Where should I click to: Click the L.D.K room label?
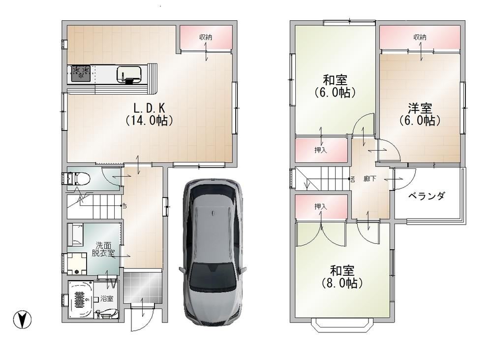coord(150,114)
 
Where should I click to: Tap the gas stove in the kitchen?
coord(81,73)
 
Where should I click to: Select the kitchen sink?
coord(129,75)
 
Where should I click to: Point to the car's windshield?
coord(214,276)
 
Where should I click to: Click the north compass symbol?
coord(22,320)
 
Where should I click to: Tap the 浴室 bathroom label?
coord(107,298)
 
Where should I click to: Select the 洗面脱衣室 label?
coord(103,249)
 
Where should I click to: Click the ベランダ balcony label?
coord(427,196)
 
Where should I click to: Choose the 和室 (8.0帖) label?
coord(342,277)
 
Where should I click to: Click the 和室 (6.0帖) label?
coord(335,86)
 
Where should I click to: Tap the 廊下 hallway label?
coord(369,179)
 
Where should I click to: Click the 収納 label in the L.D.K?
coord(206,37)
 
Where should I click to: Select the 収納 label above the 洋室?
coord(420,37)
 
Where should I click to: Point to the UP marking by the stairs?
coord(124,206)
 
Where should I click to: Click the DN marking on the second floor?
coord(352,179)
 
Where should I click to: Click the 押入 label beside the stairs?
coord(321,150)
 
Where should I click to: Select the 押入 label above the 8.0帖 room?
coord(321,206)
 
